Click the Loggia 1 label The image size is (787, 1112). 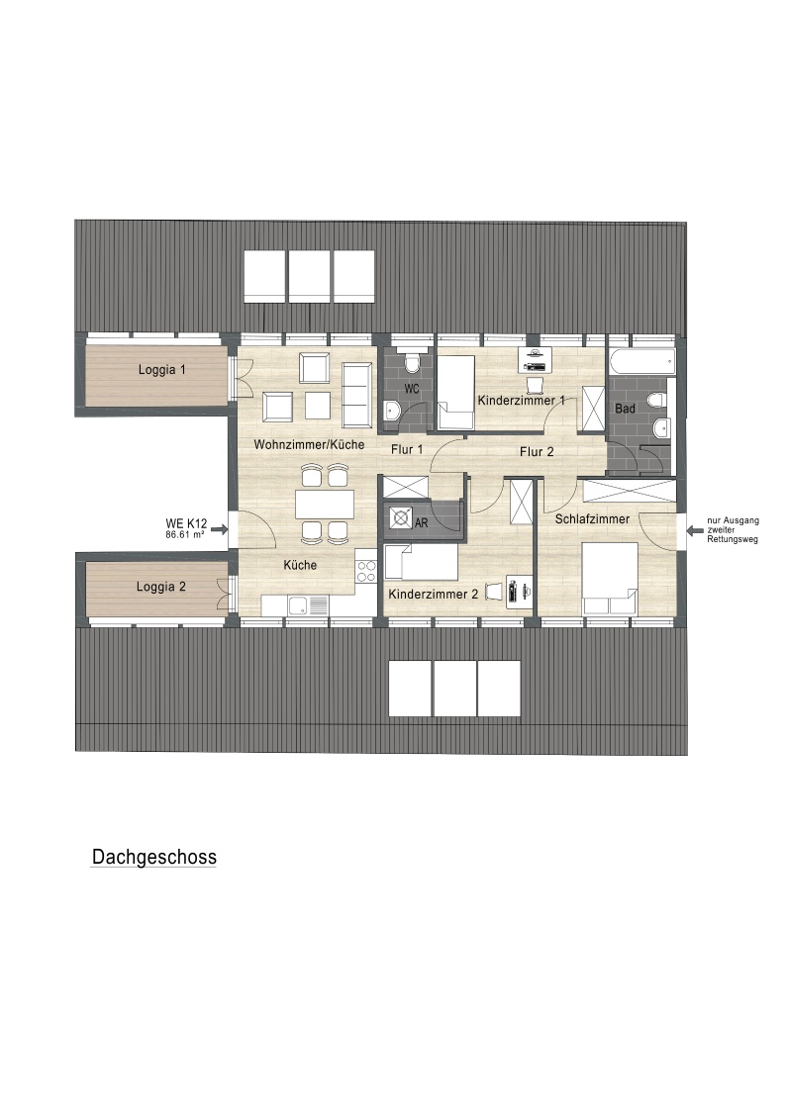161,369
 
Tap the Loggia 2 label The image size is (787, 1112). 161,587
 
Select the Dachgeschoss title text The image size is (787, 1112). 154,857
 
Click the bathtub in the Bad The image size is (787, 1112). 641,361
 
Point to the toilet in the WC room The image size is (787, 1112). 412,362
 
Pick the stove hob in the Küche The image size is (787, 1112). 366,571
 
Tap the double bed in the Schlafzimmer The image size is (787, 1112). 611,579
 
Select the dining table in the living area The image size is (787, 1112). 325,505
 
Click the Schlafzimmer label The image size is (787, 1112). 592,519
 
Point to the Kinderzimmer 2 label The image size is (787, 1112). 433,595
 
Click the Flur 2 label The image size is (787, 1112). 537,452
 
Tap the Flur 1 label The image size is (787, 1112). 407,449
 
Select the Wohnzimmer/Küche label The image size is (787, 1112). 309,444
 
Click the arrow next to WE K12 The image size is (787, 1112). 219,529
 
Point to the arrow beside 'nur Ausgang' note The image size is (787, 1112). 695,529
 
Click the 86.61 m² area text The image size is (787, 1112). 184,534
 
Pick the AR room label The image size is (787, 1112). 422,523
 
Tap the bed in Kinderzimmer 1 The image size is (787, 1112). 455,393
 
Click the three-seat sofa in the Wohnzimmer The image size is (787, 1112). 357,395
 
